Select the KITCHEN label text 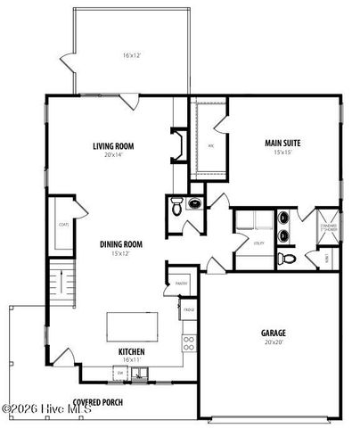pyautogui.click(x=132, y=350)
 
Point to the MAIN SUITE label pyautogui.click(x=282, y=143)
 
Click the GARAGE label pyautogui.click(x=273, y=333)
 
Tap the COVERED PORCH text pyautogui.click(x=98, y=402)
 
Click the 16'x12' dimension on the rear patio pyautogui.click(x=132, y=56)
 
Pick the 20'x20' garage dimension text pyautogui.click(x=273, y=342)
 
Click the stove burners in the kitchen pyautogui.click(x=189, y=343)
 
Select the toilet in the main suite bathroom pyautogui.click(x=284, y=259)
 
